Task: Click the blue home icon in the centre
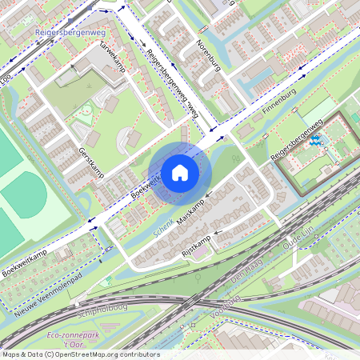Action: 180,172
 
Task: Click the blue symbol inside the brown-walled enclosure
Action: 315,142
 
